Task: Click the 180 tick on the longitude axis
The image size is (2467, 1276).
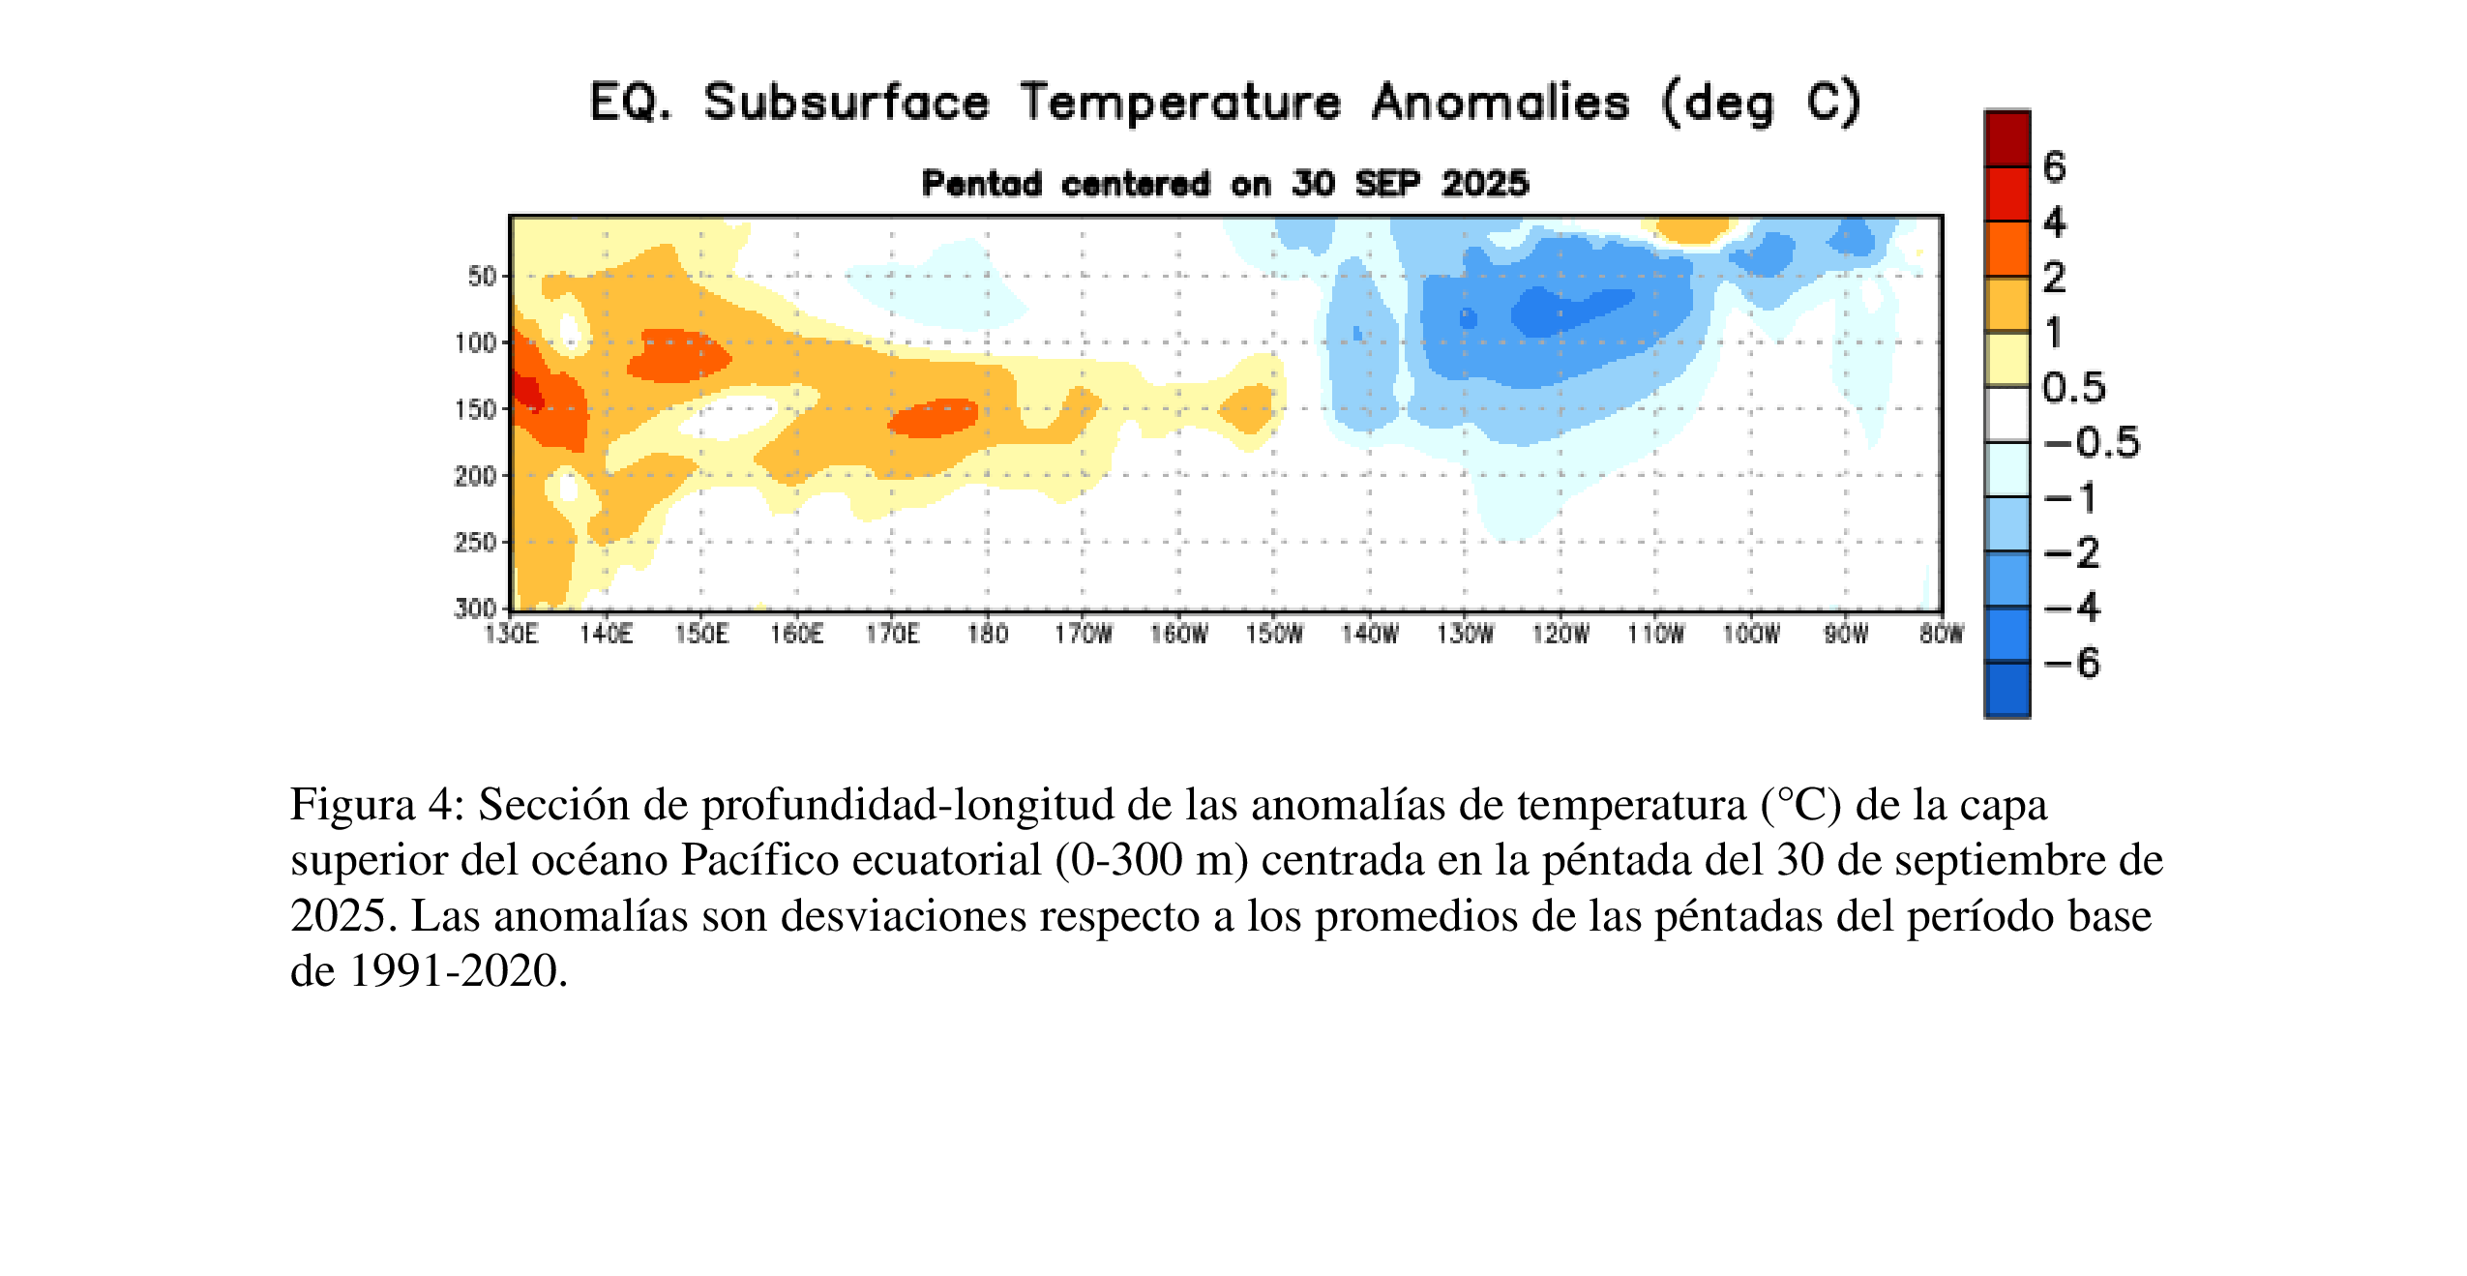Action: tap(987, 634)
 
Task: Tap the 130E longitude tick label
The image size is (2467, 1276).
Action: tap(510, 634)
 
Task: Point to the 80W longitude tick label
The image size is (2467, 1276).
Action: tap(1941, 634)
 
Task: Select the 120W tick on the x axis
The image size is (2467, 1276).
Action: tap(1560, 634)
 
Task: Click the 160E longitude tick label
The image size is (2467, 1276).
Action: tap(796, 634)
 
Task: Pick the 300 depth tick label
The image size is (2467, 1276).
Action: tap(475, 608)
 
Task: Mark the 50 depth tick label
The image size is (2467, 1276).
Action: tap(481, 276)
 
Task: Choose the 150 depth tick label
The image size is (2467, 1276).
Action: tap(475, 409)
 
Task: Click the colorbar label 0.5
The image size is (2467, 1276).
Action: tap(2073, 387)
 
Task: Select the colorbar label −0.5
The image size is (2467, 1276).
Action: tap(2091, 442)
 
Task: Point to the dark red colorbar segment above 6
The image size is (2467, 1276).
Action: tap(2007, 139)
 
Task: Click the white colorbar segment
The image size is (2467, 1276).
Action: tap(2007, 414)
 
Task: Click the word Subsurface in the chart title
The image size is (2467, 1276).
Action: tap(847, 103)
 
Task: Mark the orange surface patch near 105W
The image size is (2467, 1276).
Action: tap(1692, 229)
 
